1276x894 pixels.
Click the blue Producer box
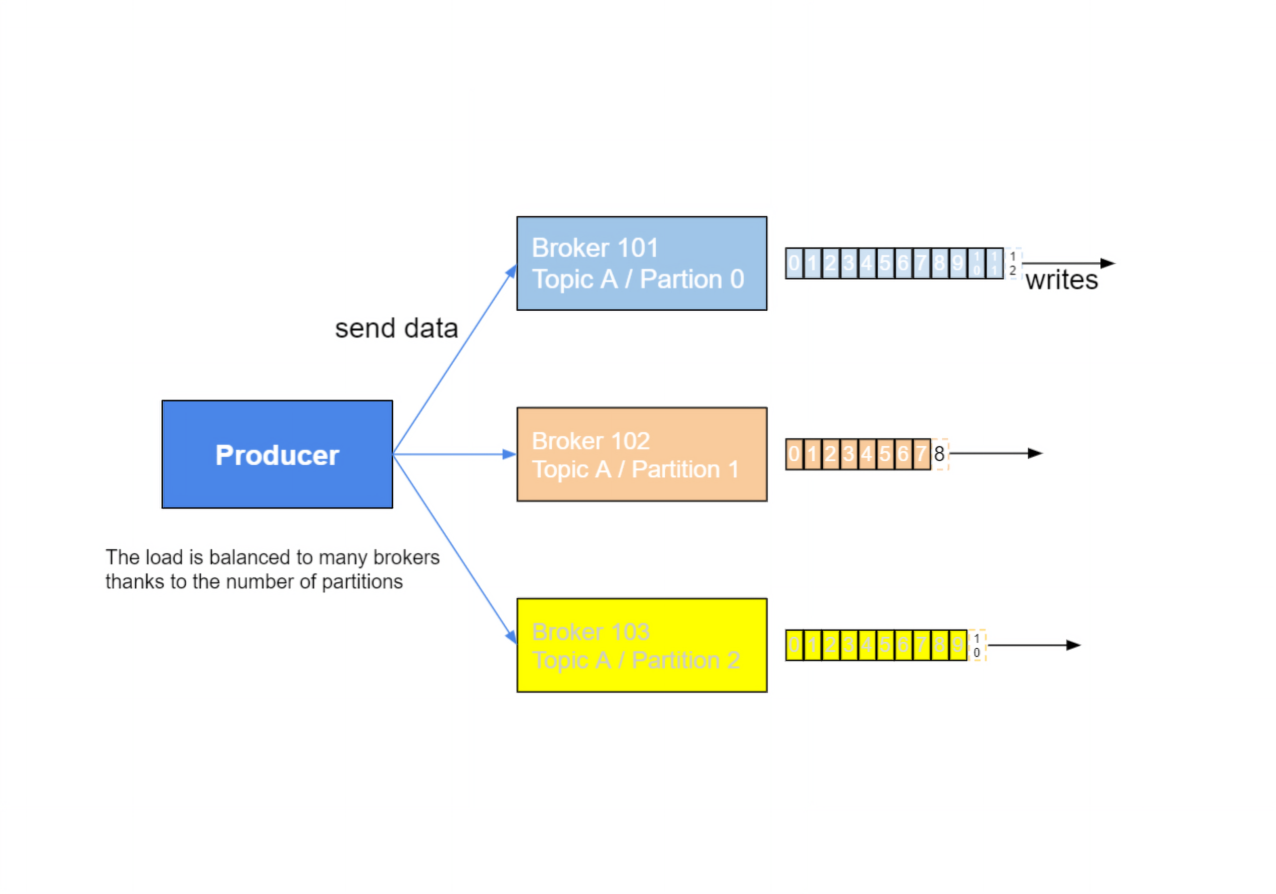[277, 454]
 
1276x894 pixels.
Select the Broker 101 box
[642, 263]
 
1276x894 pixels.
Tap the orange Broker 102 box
[642, 454]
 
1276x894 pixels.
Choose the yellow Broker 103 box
[642, 645]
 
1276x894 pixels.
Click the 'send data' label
[396, 328]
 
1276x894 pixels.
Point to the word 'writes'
[1061, 280]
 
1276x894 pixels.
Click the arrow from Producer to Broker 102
[453, 454]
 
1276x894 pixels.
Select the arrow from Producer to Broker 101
[453, 361]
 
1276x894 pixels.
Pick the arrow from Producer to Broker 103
[453, 547]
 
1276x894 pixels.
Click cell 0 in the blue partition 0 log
[794, 263]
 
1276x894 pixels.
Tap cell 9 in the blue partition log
[958, 263]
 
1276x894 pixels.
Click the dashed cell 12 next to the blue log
[1013, 263]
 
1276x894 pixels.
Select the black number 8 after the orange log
[939, 454]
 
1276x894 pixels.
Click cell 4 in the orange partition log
[867, 454]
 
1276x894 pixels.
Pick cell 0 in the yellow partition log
[794, 645]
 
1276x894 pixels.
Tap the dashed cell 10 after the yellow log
[977, 645]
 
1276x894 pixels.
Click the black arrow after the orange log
[995, 454]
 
